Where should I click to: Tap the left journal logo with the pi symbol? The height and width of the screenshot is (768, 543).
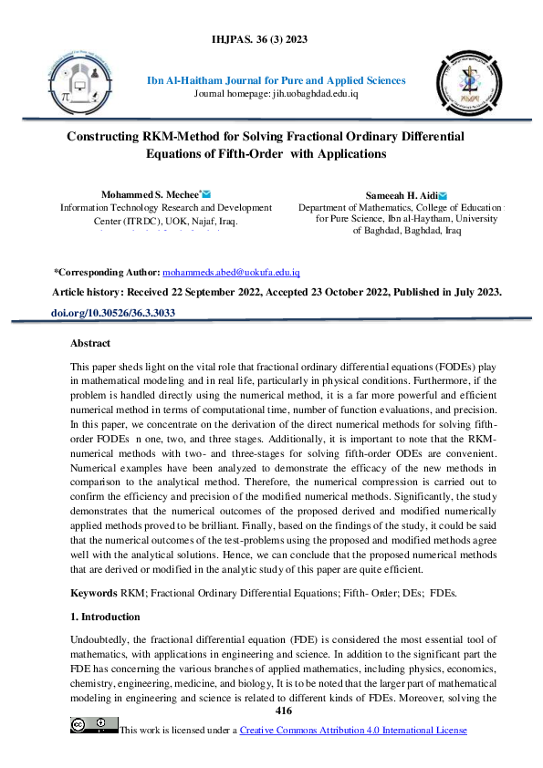click(91, 89)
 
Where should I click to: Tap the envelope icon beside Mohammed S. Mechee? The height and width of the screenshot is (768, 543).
click(207, 194)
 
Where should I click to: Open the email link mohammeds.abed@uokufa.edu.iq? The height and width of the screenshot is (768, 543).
click(231, 273)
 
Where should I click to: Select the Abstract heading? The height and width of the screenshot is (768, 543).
click(90, 344)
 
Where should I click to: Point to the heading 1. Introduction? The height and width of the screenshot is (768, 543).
click(107, 618)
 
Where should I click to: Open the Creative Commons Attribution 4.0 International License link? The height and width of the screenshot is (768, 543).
click(352, 730)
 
